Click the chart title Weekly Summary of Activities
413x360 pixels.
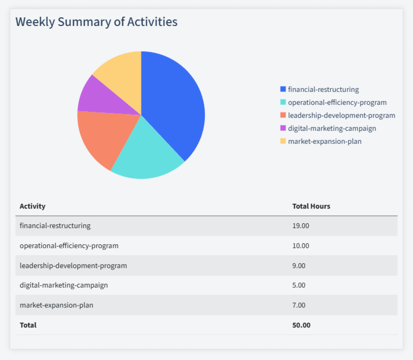(96, 22)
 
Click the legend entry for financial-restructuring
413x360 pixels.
(323, 89)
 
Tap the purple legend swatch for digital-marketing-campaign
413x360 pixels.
(283, 129)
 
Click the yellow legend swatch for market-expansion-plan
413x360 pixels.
(283, 142)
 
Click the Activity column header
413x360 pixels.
(32, 206)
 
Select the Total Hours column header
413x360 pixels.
(311, 206)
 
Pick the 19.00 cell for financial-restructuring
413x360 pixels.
(301, 225)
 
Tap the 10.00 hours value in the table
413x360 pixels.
(301, 245)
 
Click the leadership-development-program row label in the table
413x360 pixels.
(73, 265)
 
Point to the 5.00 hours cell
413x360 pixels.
(299, 285)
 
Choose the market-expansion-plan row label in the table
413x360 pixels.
(56, 305)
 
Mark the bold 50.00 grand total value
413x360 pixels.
(301, 325)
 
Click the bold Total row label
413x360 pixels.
(28, 325)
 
